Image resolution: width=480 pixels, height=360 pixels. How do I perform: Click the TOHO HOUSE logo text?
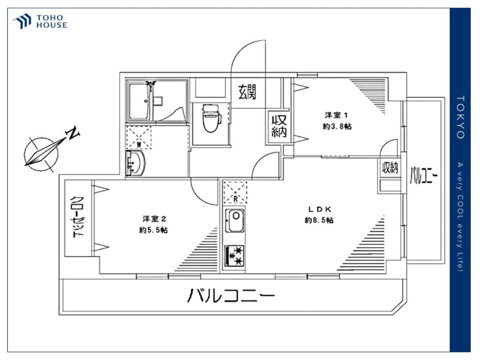tap(52, 22)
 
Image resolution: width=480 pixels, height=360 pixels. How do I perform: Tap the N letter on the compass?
tap(73, 133)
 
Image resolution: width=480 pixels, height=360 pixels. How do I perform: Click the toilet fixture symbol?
tap(211, 118)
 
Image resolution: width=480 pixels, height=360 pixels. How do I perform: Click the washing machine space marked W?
tap(139, 138)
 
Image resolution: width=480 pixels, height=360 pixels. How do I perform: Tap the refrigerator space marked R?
tap(235, 193)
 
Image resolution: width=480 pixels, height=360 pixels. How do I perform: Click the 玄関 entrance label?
tap(247, 92)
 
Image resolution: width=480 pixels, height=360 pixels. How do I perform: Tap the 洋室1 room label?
tap(336, 115)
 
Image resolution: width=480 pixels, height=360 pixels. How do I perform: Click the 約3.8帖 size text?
tap(337, 126)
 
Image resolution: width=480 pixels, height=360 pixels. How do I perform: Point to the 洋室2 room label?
tap(154, 219)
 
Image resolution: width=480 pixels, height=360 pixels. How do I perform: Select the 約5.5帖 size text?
tap(154, 230)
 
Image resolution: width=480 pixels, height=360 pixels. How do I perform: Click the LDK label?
tap(319, 209)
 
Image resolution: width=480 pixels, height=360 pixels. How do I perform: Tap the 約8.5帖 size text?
tap(319, 220)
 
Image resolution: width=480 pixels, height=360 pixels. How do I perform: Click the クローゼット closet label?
tap(77, 217)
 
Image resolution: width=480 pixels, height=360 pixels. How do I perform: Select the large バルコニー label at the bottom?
tap(231, 295)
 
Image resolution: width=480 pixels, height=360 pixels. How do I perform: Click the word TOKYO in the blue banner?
tap(460, 117)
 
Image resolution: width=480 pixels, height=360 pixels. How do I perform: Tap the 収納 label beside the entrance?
tap(279, 126)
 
